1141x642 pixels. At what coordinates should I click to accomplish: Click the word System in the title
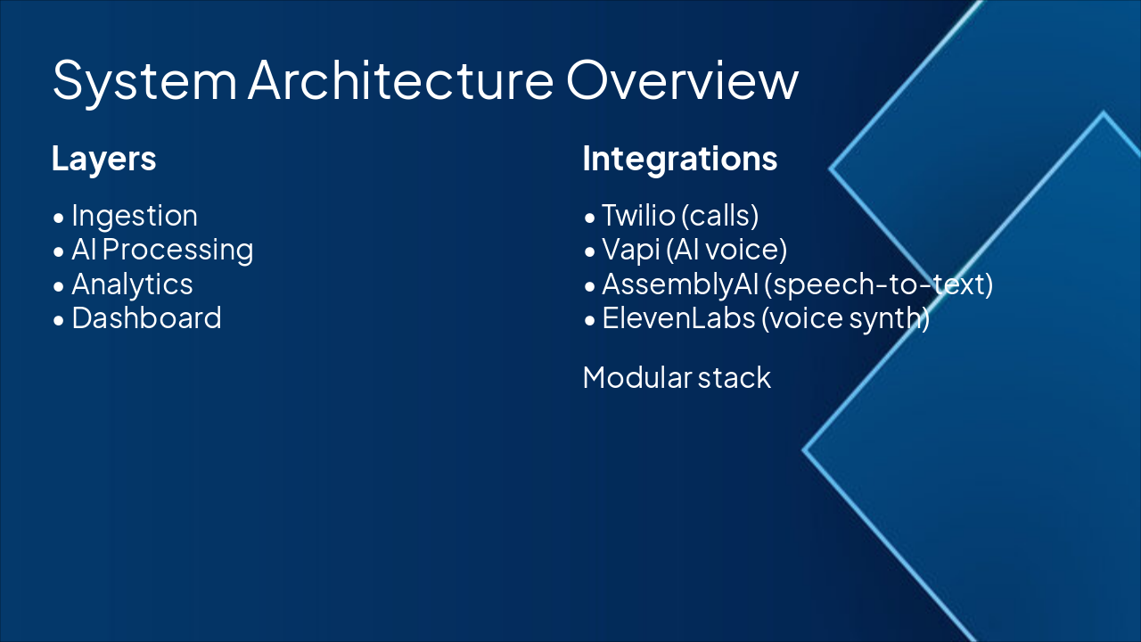[144, 79]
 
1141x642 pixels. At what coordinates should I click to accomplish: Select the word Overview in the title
[682, 79]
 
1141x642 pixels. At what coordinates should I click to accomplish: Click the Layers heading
[104, 159]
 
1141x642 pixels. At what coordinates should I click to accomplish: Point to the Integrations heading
[680, 159]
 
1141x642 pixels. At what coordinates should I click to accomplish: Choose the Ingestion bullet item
[135, 216]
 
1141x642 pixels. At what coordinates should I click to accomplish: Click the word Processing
[178, 250]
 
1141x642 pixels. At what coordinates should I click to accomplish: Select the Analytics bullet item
[132, 284]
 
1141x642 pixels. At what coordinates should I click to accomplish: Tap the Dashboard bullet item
[146, 318]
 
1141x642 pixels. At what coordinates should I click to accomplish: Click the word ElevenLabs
[678, 318]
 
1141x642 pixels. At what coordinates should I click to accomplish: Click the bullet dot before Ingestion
[59, 218]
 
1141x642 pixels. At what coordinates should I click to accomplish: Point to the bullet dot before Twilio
[589, 218]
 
